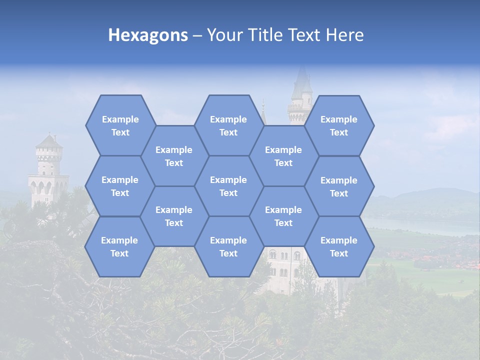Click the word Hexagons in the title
148,35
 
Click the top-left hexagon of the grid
120,125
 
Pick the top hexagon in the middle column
228,125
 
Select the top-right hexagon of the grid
339,125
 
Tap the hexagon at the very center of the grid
228,186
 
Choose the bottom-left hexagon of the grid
119,246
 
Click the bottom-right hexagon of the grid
339,246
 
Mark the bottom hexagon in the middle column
228,246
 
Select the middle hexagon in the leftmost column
120,186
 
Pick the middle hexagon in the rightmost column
339,186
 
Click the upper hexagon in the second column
174,156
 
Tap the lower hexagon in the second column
174,216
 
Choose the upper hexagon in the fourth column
283,156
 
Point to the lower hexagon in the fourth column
283,216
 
